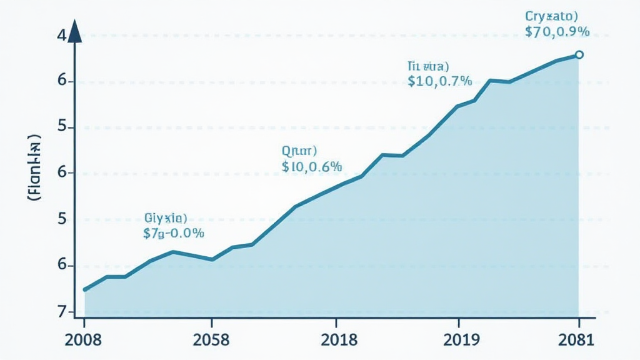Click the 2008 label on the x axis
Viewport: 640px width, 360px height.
coord(84,340)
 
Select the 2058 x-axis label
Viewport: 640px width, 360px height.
coord(212,340)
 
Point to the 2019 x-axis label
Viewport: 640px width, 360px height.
coord(459,340)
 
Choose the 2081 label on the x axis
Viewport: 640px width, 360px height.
coord(578,340)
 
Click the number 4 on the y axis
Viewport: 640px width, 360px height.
coord(61,36)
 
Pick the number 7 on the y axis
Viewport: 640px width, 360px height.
coord(61,311)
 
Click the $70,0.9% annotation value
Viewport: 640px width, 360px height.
coord(557,32)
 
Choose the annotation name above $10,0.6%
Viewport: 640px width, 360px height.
coord(300,151)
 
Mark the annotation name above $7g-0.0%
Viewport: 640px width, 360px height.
coord(166,218)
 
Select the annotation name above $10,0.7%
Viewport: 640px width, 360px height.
coord(428,65)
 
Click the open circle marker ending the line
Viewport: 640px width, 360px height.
coord(579,55)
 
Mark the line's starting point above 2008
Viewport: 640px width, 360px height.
coord(85,289)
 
